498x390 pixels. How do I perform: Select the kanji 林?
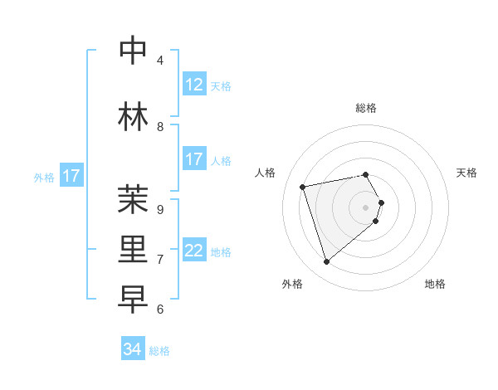[x=134, y=115]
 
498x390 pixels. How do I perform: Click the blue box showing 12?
[x=194, y=85]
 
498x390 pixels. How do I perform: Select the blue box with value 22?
[x=194, y=251]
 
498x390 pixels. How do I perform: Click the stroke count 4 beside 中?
[x=160, y=61]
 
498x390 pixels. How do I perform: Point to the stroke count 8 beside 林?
[x=160, y=127]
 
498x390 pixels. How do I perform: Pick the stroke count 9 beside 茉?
[x=160, y=210]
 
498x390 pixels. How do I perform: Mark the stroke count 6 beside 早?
[x=160, y=310]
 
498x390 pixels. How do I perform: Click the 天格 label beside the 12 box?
[x=221, y=86]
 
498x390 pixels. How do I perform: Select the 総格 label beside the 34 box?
[x=159, y=351]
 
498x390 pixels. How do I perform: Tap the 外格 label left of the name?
[x=44, y=177]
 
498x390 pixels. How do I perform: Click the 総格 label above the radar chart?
[x=365, y=108]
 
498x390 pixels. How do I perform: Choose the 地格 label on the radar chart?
[x=435, y=284]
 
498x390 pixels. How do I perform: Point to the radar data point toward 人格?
[x=303, y=187]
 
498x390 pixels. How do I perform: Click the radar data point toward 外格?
[x=326, y=261]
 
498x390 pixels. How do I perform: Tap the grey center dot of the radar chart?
[x=365, y=207]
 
